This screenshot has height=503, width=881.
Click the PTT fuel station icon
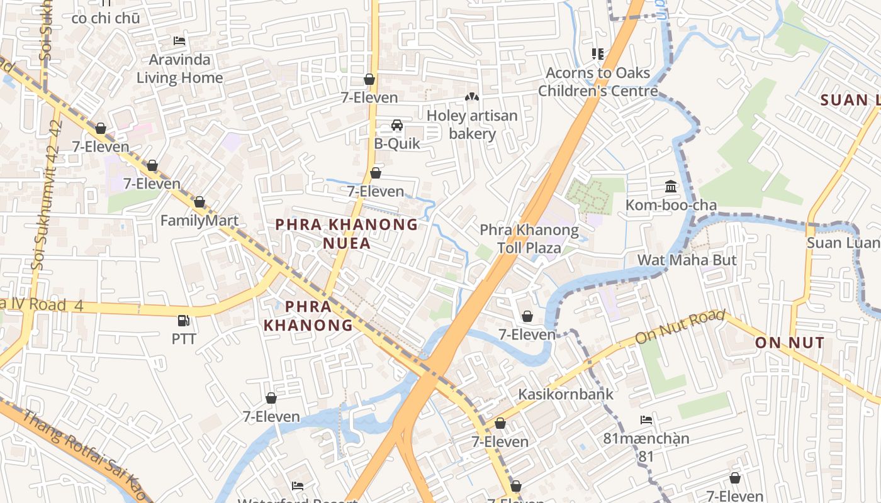pyautogui.click(x=183, y=321)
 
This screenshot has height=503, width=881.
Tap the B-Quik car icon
pyautogui.click(x=397, y=125)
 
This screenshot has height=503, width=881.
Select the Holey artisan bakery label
pyautogui.click(x=472, y=124)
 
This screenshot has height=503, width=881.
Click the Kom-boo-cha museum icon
pyautogui.click(x=671, y=187)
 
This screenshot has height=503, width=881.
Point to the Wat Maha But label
pyautogui.click(x=687, y=260)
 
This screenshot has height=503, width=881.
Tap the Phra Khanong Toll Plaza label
pyautogui.click(x=529, y=239)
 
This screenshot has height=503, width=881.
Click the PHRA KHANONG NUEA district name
pyautogui.click(x=347, y=233)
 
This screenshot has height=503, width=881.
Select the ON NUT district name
pyautogui.click(x=789, y=343)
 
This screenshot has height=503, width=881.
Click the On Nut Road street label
pyautogui.click(x=680, y=327)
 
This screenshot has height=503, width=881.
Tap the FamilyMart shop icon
pyautogui.click(x=199, y=202)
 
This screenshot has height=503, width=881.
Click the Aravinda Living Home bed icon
pyautogui.click(x=179, y=41)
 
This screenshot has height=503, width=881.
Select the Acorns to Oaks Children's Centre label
pyautogui.click(x=598, y=82)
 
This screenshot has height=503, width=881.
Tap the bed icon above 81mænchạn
pyautogui.click(x=646, y=419)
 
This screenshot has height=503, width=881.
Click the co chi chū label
pyautogui.click(x=105, y=18)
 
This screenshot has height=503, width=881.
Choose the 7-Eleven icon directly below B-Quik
pyautogui.click(x=376, y=173)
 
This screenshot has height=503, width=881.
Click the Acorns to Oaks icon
pyautogui.click(x=597, y=54)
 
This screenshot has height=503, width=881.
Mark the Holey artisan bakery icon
pyautogui.click(x=471, y=97)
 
